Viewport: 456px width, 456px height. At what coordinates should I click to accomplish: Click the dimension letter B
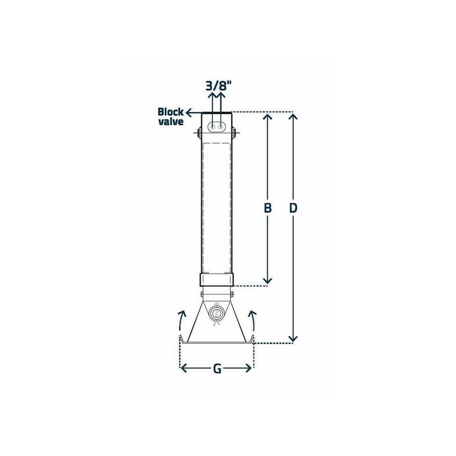tap(267, 208)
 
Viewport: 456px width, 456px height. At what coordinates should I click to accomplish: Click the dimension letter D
tap(293, 208)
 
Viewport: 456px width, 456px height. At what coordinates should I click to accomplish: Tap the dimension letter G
tap(217, 369)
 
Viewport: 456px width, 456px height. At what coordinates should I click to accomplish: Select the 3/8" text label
tap(218, 87)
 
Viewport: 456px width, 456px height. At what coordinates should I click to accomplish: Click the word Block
tap(170, 112)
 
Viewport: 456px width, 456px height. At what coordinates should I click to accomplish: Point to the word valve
tap(170, 121)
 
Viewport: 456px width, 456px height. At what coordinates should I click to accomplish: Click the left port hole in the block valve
tap(213, 127)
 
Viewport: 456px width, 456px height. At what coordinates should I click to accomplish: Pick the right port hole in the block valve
tap(221, 127)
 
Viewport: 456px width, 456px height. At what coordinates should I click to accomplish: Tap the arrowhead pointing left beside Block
tap(189, 112)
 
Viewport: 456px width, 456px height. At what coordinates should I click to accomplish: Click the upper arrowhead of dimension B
tap(267, 117)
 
